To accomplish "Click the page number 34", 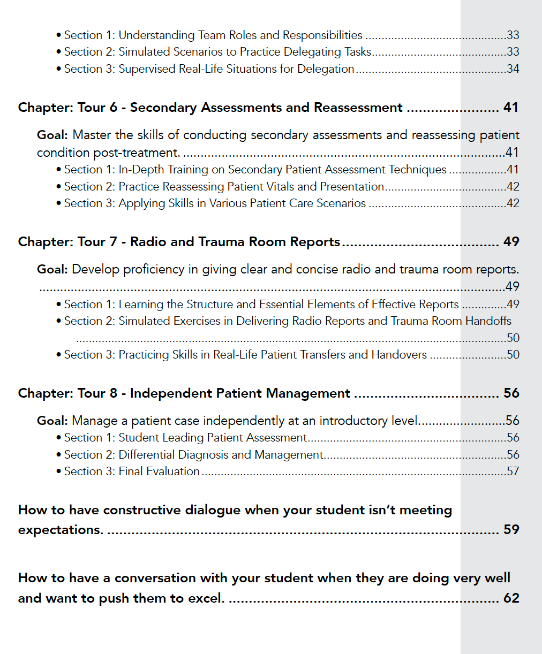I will pyautogui.click(x=513, y=69).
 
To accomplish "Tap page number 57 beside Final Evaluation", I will pyautogui.click(x=513, y=472).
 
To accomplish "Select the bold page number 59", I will pyautogui.click(x=511, y=530).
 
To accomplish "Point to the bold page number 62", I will pyautogui.click(x=511, y=598).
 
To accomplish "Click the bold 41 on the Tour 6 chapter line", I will pyautogui.click(x=511, y=108).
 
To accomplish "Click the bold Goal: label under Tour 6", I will pyautogui.click(x=52, y=135).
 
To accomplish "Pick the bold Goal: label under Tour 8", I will pyautogui.click(x=52, y=421).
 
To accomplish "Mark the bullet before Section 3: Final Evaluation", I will pyautogui.click(x=58, y=472).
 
